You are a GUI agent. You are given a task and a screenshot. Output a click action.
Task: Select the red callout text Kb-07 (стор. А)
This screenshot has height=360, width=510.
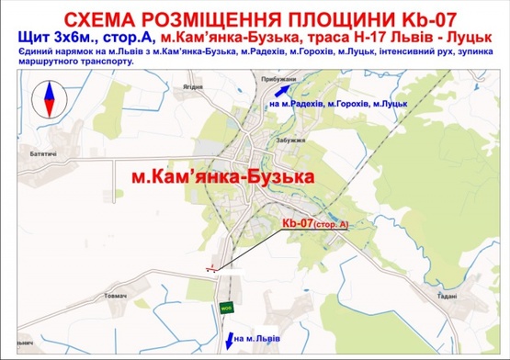coord(315,223)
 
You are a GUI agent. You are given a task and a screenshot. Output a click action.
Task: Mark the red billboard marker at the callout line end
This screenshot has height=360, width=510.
coord(212,268)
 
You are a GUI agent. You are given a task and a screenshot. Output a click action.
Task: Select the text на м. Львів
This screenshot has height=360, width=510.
coord(259,340)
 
